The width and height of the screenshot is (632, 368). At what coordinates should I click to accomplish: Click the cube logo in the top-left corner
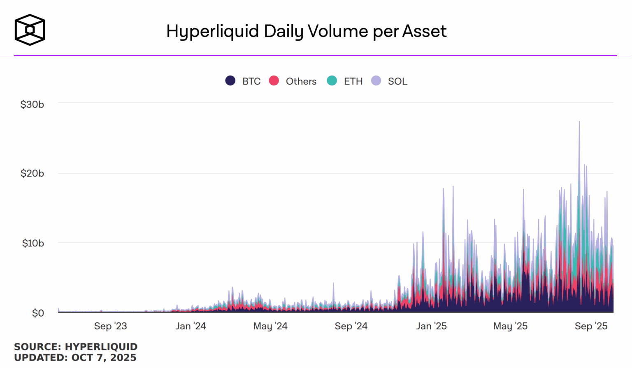(30, 30)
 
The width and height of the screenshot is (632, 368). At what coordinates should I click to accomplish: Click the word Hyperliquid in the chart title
(213, 32)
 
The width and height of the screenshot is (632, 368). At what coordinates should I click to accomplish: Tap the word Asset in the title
(424, 31)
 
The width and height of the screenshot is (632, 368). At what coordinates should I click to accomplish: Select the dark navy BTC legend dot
(230, 81)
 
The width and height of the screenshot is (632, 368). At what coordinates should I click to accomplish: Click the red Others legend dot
(274, 81)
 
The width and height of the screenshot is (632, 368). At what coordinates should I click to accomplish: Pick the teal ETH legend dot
(332, 81)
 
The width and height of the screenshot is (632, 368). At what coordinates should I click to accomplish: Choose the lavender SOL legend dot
(376, 81)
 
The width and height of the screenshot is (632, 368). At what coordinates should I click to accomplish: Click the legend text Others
(301, 81)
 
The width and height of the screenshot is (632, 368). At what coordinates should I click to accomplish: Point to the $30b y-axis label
(32, 104)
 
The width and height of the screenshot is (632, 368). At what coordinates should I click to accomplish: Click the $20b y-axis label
(32, 173)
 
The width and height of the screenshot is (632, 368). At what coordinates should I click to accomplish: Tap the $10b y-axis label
(33, 243)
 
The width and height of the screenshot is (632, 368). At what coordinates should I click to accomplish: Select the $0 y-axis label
(38, 313)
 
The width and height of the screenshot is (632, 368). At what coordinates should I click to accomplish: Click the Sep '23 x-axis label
(110, 326)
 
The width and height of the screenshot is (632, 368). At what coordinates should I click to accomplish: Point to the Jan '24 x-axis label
(191, 326)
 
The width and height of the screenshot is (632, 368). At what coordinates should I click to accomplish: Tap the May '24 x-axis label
(270, 326)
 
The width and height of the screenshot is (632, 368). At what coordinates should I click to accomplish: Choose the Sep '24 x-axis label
(351, 326)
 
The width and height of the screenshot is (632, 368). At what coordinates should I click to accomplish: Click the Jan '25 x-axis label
(431, 326)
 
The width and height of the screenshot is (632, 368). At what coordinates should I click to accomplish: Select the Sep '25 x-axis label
(591, 326)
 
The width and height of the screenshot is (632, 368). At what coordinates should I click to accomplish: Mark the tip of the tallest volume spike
(579, 122)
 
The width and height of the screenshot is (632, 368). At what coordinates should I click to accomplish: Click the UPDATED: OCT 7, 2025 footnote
(75, 358)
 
